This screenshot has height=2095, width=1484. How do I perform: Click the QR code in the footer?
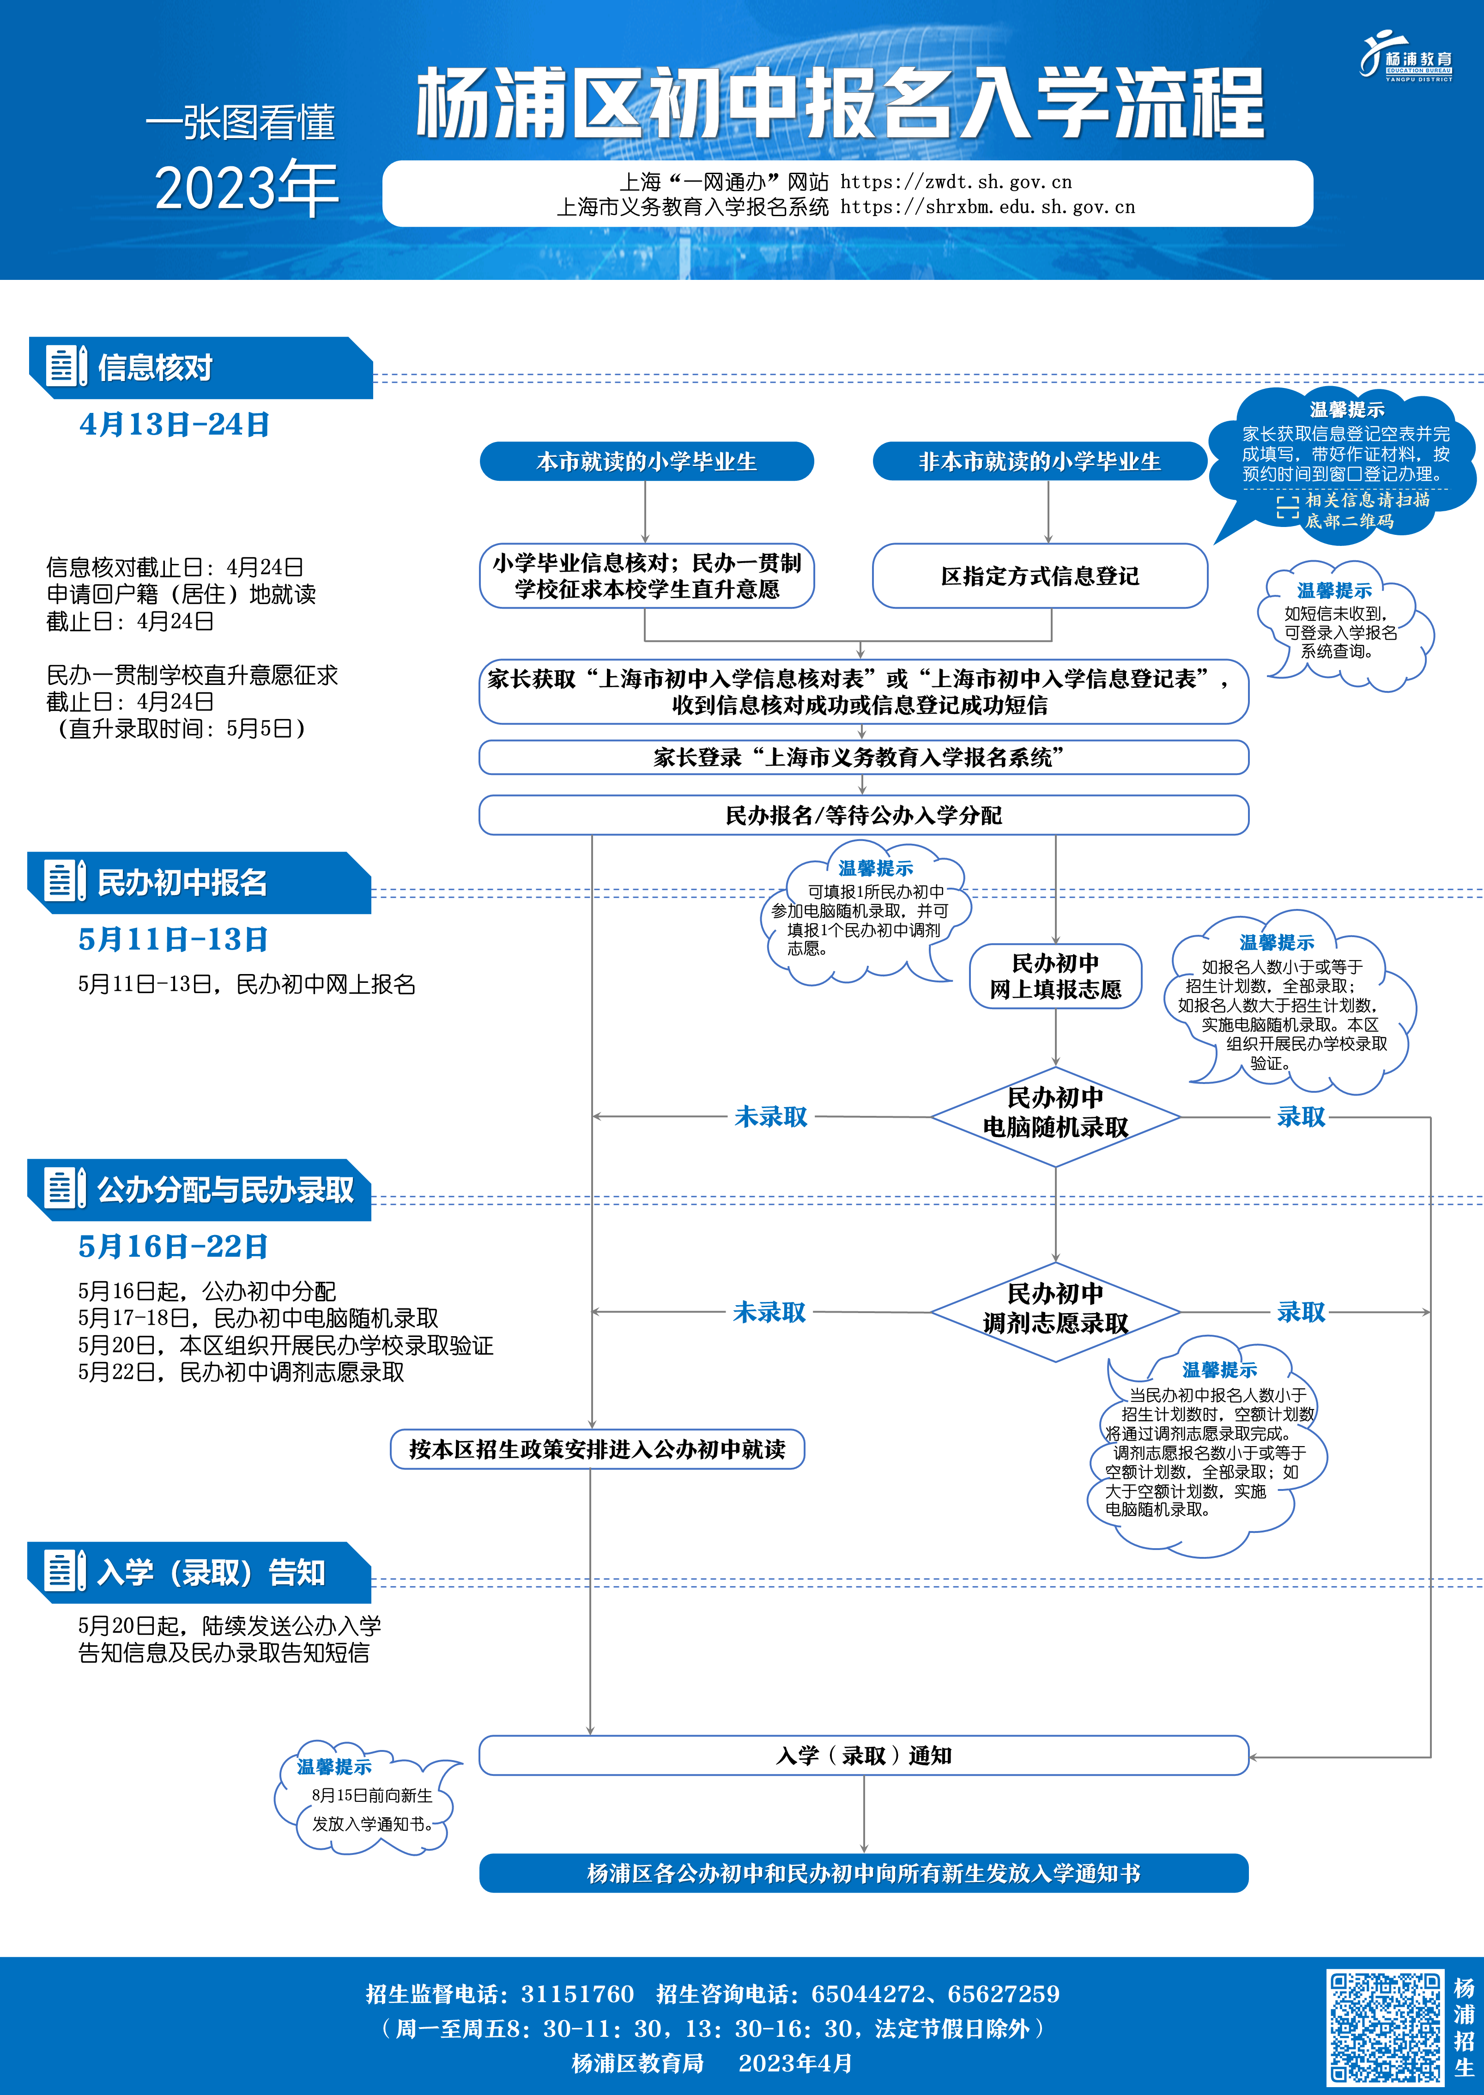(x=1384, y=2027)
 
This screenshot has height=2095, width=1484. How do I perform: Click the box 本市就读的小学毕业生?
(x=646, y=461)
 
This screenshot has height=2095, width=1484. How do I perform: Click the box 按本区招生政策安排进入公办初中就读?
(x=597, y=1449)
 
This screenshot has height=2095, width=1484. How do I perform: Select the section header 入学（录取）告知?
(x=210, y=1572)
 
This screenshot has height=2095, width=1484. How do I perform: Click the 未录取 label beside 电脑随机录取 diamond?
(x=770, y=1116)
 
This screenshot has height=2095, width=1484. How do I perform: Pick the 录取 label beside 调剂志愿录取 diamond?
(x=1300, y=1312)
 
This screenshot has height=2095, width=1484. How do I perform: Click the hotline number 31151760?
(x=576, y=1993)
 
